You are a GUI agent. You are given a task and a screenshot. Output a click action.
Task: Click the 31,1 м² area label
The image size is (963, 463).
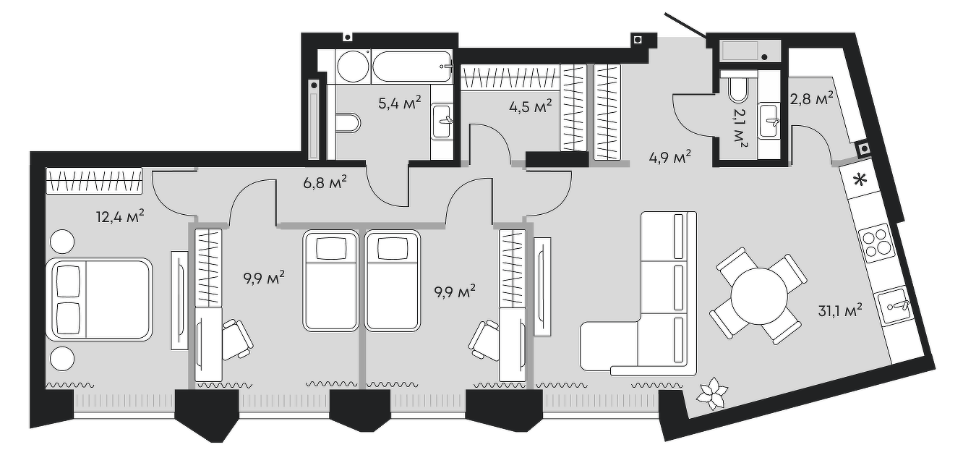tap(839, 310)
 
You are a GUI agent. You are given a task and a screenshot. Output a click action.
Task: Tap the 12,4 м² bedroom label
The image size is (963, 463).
tap(119, 216)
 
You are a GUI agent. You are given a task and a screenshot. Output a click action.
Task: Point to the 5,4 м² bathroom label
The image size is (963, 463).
tap(399, 103)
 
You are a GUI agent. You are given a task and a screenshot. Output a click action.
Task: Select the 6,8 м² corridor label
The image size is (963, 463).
tap(325, 183)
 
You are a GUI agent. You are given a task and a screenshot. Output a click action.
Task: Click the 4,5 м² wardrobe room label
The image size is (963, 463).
tap(530, 107)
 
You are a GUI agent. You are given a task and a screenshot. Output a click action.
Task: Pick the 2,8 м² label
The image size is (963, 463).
tap(812, 99)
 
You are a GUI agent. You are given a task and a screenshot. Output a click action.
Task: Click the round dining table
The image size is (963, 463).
tap(759, 297)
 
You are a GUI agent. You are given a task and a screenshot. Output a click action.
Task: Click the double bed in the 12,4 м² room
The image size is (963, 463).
tap(102, 300)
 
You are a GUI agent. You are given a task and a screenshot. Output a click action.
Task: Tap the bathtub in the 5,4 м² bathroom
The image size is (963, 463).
tap(412, 67)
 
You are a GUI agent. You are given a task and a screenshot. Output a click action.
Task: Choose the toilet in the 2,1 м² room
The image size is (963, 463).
tap(739, 88)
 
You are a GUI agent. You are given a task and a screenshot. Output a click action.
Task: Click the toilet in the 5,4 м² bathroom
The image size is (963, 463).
tap(348, 123)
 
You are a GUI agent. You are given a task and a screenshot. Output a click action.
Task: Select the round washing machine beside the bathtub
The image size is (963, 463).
tap(353, 67)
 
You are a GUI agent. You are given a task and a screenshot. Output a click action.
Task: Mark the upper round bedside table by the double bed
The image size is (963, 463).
tap(62, 241)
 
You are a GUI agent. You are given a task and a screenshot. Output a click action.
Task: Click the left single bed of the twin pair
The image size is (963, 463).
tap(330, 281)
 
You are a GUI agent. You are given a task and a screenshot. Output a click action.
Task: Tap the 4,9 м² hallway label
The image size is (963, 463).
tap(669, 158)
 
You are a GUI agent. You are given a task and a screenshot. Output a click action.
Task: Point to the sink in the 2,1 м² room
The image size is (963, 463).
tap(769, 121)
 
